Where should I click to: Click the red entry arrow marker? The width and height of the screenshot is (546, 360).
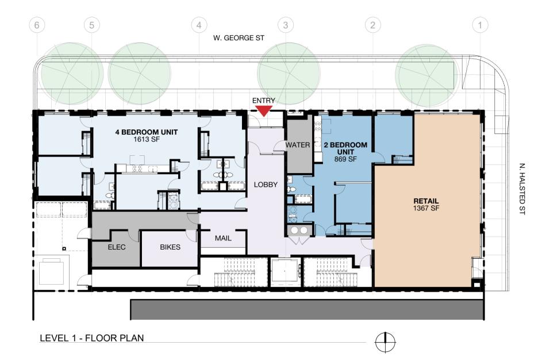264,111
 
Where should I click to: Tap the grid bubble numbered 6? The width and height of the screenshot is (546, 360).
37,25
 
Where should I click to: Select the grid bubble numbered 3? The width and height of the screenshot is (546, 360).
286,25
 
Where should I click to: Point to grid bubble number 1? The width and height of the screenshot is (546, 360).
480,25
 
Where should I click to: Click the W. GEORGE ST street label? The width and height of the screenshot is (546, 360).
239,37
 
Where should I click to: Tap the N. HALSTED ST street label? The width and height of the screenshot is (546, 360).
522,189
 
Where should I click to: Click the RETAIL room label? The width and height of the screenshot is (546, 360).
426,201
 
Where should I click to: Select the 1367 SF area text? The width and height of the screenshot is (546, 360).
426,208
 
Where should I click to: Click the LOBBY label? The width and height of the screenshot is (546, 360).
266,185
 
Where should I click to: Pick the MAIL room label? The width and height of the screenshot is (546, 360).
223,239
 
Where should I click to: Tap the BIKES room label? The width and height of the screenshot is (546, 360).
170,247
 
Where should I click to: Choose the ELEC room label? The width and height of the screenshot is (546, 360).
117,247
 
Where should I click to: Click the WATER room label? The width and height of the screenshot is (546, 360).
298,145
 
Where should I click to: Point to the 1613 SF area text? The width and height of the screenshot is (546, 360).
146,139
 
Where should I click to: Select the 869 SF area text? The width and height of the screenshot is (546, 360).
345,159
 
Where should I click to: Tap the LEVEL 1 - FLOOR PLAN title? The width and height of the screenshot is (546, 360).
92,338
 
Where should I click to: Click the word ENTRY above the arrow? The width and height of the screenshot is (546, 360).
264,101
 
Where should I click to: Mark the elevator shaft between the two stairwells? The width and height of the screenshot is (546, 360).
285,272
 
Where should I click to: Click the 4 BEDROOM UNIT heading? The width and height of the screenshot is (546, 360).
146,132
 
